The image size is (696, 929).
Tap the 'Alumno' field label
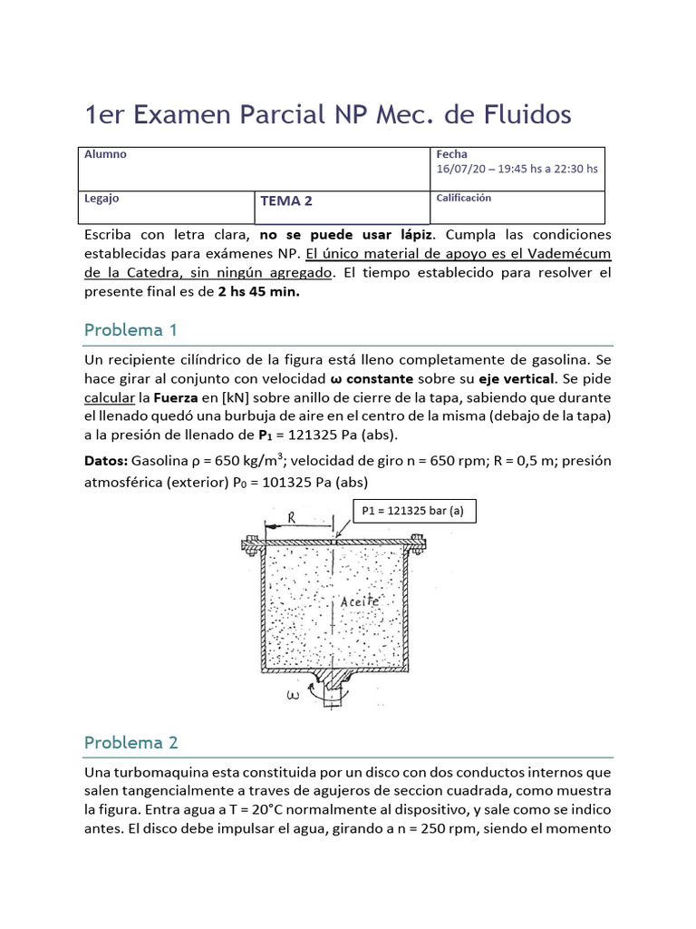(105, 154)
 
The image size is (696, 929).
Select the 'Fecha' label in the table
(451, 154)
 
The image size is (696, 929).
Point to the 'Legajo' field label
(101, 198)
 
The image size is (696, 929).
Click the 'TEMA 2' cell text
(286, 201)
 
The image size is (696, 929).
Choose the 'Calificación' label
(464, 198)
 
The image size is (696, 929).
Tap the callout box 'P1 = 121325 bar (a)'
(412, 511)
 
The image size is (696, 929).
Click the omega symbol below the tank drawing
(293, 697)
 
